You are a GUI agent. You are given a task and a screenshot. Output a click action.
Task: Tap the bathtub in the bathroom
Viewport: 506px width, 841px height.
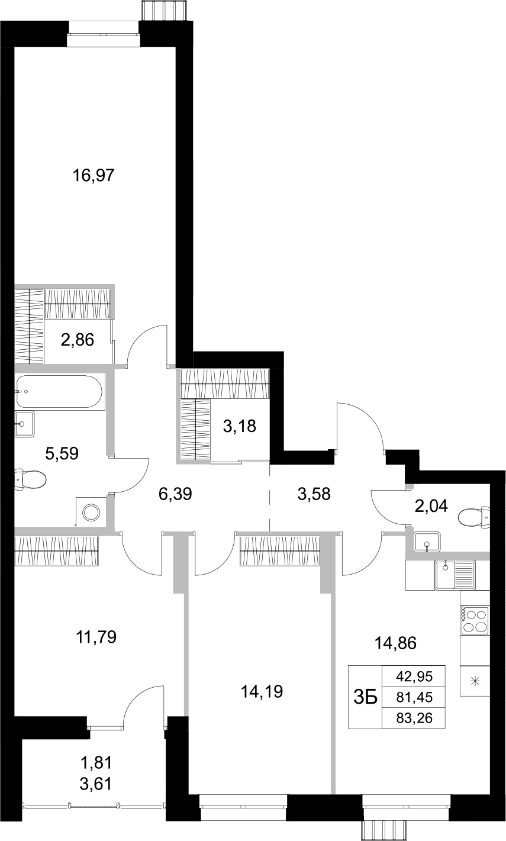click(59, 391)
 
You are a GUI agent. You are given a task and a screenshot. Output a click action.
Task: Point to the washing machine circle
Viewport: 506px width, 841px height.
click(92, 512)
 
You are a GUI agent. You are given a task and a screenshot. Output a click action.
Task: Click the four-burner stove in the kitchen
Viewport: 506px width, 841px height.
click(475, 621)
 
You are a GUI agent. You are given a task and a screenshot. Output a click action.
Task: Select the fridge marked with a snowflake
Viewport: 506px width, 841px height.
click(475, 681)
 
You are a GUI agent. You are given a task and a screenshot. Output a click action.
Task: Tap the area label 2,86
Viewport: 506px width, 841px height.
click(78, 341)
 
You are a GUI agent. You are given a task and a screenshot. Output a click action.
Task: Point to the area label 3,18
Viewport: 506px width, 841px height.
click(240, 426)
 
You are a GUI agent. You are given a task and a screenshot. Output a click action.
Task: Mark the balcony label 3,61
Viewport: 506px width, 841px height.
click(95, 784)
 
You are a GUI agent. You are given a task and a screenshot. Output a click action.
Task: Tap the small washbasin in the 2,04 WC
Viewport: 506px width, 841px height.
click(426, 541)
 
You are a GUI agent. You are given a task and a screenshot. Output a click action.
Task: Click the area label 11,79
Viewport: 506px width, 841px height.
click(96, 637)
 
